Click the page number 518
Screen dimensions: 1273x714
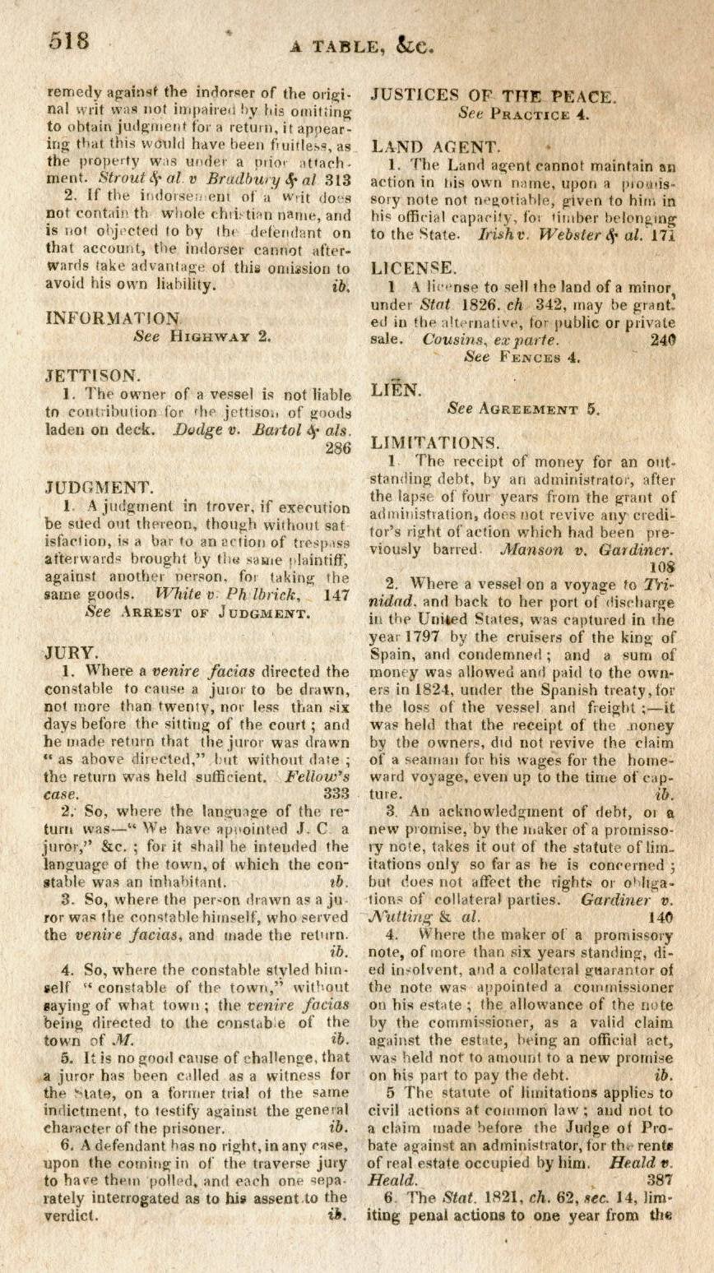click(x=68, y=40)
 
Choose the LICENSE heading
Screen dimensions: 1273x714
click(x=412, y=267)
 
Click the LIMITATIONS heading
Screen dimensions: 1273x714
click(x=434, y=442)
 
